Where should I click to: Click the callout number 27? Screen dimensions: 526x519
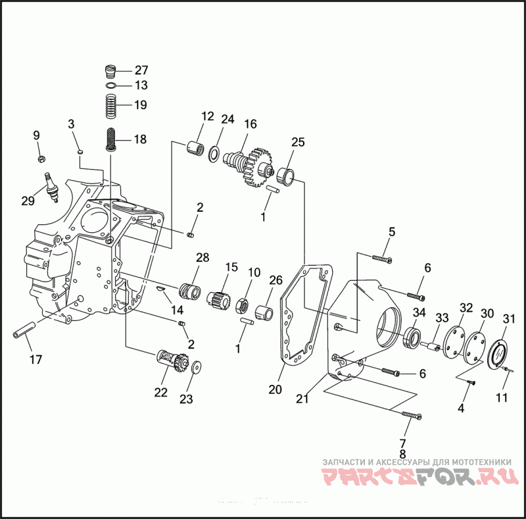(x=141, y=70)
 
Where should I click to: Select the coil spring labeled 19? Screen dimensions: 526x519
(x=110, y=106)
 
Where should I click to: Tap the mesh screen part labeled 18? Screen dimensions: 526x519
(x=110, y=139)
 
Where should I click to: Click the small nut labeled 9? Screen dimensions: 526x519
(x=42, y=158)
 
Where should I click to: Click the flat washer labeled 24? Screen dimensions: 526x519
(x=214, y=153)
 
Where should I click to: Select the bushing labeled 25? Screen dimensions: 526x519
(x=286, y=176)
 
